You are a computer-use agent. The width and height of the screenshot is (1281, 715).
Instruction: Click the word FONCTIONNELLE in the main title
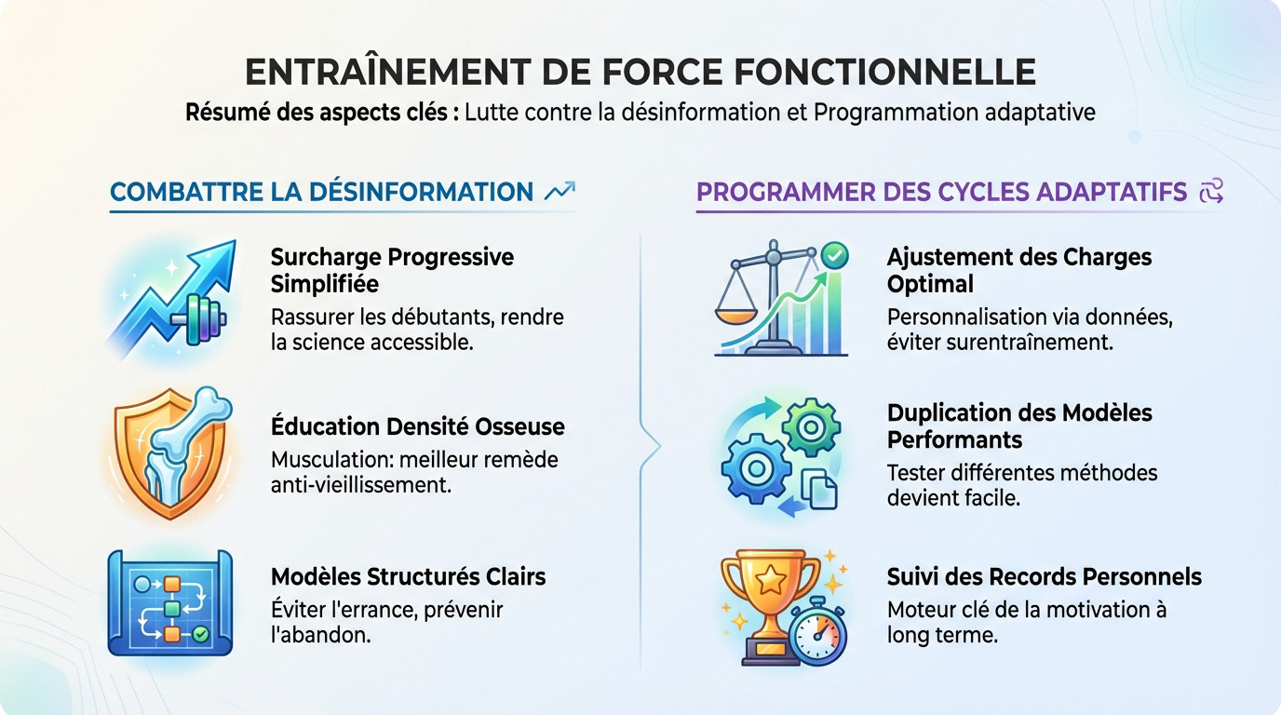pyautogui.click(x=884, y=72)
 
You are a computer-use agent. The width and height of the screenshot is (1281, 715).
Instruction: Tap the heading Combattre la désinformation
pyautogui.click(x=321, y=192)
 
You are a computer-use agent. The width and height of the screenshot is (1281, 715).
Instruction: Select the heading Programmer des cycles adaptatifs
pyautogui.click(x=941, y=192)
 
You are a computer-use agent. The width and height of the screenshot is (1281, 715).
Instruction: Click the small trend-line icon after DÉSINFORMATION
pyautogui.click(x=560, y=191)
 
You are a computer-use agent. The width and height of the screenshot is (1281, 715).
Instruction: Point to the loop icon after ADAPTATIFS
pyautogui.click(x=1211, y=191)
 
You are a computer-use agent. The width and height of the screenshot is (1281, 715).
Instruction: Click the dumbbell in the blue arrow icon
pyautogui.click(x=199, y=319)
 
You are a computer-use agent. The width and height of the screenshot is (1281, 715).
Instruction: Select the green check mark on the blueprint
pyautogui.click(x=200, y=634)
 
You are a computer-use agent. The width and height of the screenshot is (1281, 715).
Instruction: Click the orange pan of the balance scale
pyautogui.click(x=736, y=316)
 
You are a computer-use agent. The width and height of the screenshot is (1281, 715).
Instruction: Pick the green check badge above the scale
pyautogui.click(x=834, y=255)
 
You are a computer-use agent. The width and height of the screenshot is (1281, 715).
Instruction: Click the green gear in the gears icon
pyautogui.click(x=810, y=427)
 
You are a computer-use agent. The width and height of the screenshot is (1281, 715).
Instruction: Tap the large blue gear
pyautogui.click(x=756, y=468)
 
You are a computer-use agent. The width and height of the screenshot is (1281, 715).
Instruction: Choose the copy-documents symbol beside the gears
pyautogui.click(x=819, y=489)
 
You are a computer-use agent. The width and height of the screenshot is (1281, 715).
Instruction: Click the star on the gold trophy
pyautogui.click(x=770, y=581)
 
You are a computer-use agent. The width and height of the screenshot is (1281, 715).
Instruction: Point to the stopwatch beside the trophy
pyautogui.click(x=817, y=631)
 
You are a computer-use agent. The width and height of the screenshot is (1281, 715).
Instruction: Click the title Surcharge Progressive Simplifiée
pyautogui.click(x=392, y=270)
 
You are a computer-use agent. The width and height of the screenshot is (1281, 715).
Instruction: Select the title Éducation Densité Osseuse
pyautogui.click(x=417, y=426)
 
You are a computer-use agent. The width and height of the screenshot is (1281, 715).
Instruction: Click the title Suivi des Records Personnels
pyautogui.click(x=1045, y=576)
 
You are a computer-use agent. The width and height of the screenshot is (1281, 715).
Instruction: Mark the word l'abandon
pyautogui.click(x=321, y=634)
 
